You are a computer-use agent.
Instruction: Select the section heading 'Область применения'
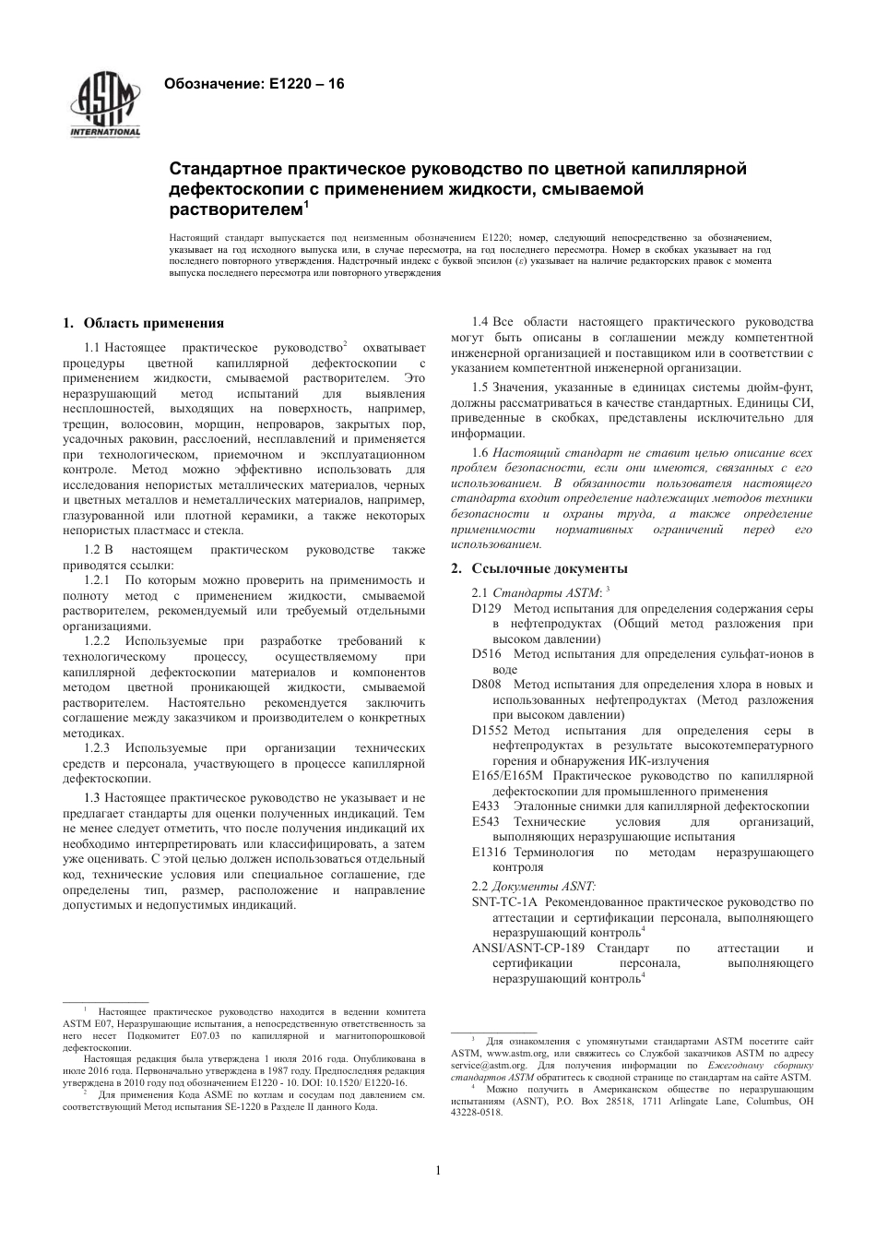coord(153,323)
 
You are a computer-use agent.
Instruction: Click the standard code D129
coord(486,609)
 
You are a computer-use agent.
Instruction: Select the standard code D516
coord(486,654)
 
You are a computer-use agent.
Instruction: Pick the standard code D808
coord(486,685)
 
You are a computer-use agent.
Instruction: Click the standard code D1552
coord(490,731)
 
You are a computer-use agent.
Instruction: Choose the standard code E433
coord(486,805)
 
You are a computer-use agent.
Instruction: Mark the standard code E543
coord(486,821)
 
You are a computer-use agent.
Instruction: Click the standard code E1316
coord(490,852)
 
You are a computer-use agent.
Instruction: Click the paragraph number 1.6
coord(479,453)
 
